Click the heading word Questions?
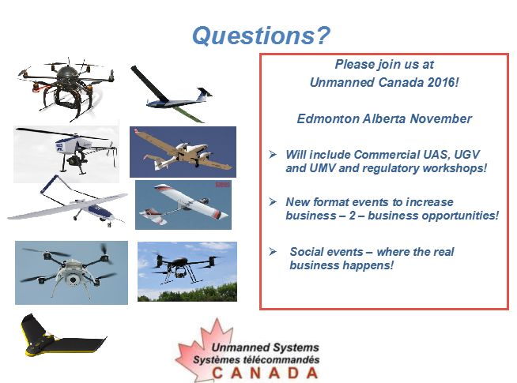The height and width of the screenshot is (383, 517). (x=261, y=36)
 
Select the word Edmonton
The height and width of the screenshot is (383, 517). (x=328, y=118)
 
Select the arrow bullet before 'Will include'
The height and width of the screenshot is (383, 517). (x=273, y=154)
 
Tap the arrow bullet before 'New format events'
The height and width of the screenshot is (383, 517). (x=273, y=201)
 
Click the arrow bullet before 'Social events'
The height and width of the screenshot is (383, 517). (x=273, y=252)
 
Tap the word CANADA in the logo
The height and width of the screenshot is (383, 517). (x=265, y=373)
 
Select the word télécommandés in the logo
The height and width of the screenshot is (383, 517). (x=281, y=359)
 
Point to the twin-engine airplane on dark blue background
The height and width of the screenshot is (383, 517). (x=183, y=152)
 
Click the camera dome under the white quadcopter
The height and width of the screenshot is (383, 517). (x=73, y=280)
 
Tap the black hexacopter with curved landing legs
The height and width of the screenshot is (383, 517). (x=66, y=88)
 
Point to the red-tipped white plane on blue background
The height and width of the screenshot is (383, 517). (x=183, y=205)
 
